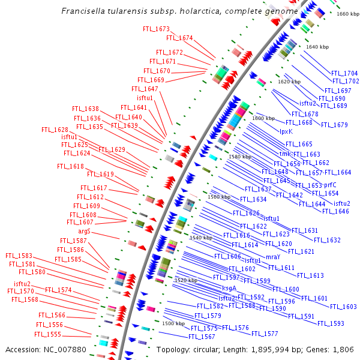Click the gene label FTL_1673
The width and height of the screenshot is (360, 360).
coord(156,29)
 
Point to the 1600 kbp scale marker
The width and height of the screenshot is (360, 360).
coord(263,118)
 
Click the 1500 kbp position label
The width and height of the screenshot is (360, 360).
coord(173,323)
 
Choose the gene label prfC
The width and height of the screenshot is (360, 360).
coord(330,185)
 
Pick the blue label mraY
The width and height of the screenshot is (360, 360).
coord(272,256)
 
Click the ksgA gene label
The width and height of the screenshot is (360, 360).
coord(229,289)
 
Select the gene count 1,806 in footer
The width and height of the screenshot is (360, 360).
coord(342,349)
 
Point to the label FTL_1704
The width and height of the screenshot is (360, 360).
coord(346,73)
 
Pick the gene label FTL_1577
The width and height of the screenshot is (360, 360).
coord(265,334)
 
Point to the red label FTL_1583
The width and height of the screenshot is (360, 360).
coord(19,256)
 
